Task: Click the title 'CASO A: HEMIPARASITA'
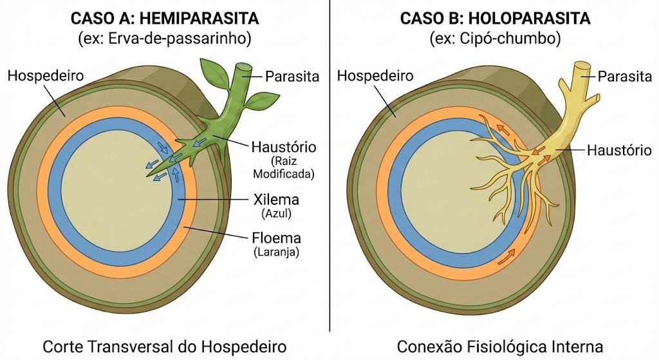(x=165, y=18)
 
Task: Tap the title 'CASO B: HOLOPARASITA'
(x=495, y=18)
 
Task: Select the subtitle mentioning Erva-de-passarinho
(x=165, y=38)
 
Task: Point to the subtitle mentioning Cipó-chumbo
(x=495, y=38)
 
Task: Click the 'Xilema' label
(x=276, y=200)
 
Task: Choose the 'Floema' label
(x=276, y=238)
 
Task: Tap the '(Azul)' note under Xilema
(x=276, y=214)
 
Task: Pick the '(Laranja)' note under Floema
(x=276, y=252)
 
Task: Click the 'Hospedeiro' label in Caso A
(x=46, y=76)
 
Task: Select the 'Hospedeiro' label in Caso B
(x=375, y=76)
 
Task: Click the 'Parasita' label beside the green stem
(x=292, y=77)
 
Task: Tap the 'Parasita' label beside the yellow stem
(x=624, y=77)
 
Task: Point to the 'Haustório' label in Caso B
(x=619, y=150)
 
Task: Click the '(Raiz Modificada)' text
(x=284, y=167)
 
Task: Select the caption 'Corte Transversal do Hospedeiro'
(x=165, y=347)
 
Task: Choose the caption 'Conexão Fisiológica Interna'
(x=500, y=347)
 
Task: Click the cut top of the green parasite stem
(x=244, y=68)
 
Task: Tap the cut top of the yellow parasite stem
(x=582, y=66)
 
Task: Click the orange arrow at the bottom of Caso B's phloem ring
(x=506, y=256)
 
